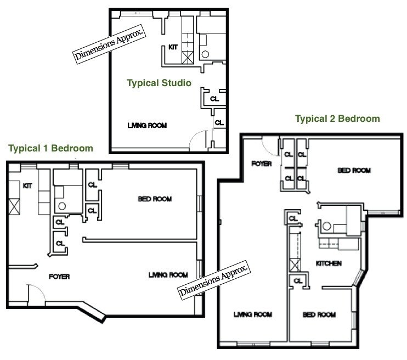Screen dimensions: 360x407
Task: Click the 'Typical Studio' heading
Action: coord(159,83)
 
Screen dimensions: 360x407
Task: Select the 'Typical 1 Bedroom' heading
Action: coord(50,148)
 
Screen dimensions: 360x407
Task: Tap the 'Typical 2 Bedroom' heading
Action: coord(337,119)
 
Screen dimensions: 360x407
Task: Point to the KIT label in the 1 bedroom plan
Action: coord(27,186)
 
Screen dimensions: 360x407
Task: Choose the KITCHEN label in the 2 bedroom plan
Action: coord(329,263)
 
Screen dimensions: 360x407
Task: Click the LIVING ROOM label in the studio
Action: coord(146,125)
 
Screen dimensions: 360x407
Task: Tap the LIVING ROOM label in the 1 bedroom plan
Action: coord(168,274)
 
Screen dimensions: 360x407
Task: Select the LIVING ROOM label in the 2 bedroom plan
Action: coord(253,314)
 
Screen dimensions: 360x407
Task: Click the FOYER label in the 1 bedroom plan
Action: coord(60,277)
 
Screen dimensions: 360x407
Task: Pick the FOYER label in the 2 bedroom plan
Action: coord(262,164)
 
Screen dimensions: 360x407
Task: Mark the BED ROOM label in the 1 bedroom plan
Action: coord(155,199)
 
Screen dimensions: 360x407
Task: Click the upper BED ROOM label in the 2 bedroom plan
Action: coord(354,171)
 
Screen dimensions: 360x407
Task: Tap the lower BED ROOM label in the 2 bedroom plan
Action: coord(319,314)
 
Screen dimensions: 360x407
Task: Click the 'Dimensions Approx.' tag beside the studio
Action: coord(110,43)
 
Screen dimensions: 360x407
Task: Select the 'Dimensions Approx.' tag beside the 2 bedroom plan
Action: coord(214,280)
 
